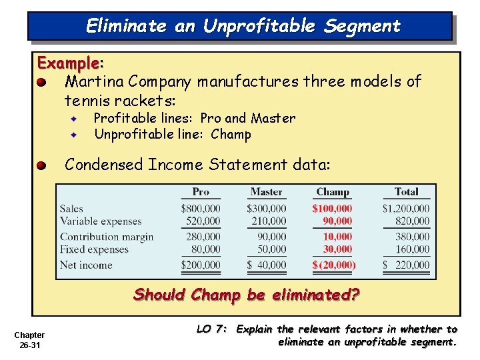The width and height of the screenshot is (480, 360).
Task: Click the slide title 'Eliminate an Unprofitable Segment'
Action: pos(243,26)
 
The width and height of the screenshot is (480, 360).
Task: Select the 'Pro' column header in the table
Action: pos(201,192)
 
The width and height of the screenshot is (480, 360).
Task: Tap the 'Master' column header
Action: pos(266,192)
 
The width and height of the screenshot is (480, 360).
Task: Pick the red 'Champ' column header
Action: pos(333,192)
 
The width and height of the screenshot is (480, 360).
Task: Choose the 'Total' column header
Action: pos(406,192)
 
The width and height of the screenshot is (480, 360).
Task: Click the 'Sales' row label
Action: pos(72,209)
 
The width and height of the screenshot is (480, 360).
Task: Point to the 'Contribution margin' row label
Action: pos(107,237)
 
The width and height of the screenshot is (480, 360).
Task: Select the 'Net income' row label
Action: pos(86,265)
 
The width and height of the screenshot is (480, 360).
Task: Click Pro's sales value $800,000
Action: pos(201,209)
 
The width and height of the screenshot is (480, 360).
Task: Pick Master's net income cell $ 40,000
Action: pos(266,265)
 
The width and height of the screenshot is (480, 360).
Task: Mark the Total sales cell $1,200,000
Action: pos(406,209)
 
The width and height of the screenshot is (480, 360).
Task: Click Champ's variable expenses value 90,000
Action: pos(337,221)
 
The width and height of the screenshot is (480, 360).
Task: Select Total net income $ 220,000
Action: pos(406,265)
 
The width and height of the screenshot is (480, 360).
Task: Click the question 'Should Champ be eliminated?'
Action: pos(247,294)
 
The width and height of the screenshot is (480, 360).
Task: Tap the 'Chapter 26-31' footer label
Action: pos(29,339)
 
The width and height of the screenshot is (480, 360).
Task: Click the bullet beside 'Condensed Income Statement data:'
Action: pos(41,165)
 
